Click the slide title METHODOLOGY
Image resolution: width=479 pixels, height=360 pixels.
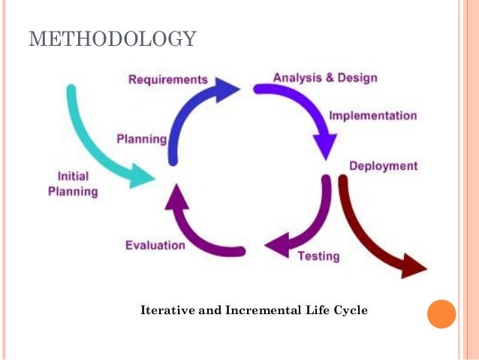[x=113, y=38]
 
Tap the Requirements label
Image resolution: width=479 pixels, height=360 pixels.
[x=167, y=79]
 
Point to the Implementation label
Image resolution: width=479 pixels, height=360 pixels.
[x=372, y=116]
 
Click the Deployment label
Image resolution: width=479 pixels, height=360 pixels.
[x=383, y=165]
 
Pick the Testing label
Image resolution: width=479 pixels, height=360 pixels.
[x=319, y=256]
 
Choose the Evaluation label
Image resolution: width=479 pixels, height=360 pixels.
[x=155, y=245]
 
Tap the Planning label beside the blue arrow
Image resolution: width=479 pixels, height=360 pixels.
[x=141, y=139]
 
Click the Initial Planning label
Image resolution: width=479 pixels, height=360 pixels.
[x=73, y=183]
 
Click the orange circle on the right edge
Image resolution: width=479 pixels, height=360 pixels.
[x=441, y=313]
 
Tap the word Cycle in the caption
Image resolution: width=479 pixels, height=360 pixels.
[x=351, y=310]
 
